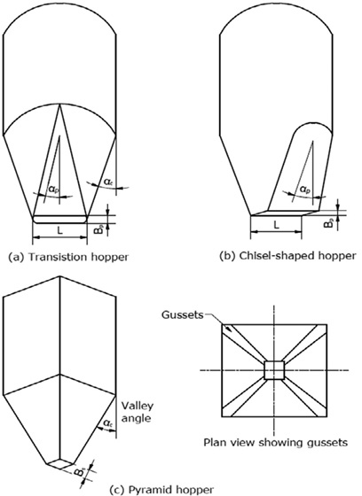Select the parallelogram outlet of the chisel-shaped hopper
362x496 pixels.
coord(282,213)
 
